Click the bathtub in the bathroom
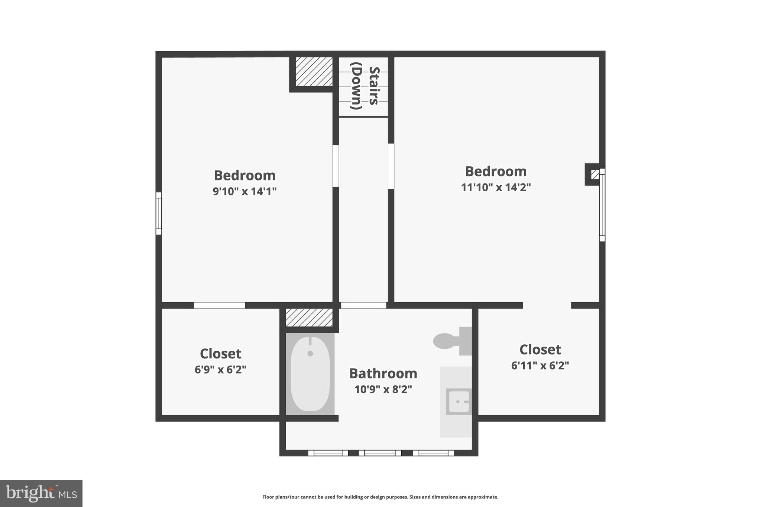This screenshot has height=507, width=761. point(310,374)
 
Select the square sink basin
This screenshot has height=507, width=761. point(459,402)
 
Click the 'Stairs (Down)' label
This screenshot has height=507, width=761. point(365,86)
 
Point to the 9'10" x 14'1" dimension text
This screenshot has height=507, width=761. point(245,191)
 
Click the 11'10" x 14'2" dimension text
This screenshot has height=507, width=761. point(496,187)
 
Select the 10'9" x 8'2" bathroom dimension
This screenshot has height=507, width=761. point(383,390)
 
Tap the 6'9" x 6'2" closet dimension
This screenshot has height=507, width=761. point(220,370)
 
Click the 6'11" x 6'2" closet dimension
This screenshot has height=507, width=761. point(540,366)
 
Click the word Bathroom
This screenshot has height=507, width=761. point(383,373)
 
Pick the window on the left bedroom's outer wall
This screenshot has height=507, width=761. point(159,214)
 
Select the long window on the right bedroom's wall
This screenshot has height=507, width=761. point(602,205)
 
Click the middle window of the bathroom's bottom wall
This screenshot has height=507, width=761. point(380,453)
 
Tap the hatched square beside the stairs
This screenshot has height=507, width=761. point(314,71)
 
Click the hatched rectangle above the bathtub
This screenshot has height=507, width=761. point(309,318)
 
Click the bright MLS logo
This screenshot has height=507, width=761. point(41,493)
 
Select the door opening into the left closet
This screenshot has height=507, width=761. point(219,305)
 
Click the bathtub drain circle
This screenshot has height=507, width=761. point(310,354)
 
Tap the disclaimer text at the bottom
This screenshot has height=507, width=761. point(380,497)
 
